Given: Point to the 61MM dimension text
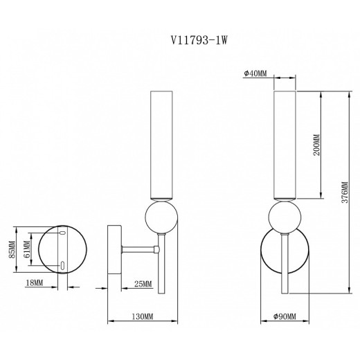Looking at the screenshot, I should tap(28, 249).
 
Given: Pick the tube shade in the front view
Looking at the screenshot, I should tap(285, 145).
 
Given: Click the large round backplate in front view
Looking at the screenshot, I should tap(270, 260).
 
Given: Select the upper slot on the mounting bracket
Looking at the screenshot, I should tap(62, 234).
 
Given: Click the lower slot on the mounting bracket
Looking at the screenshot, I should tap(62, 264).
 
